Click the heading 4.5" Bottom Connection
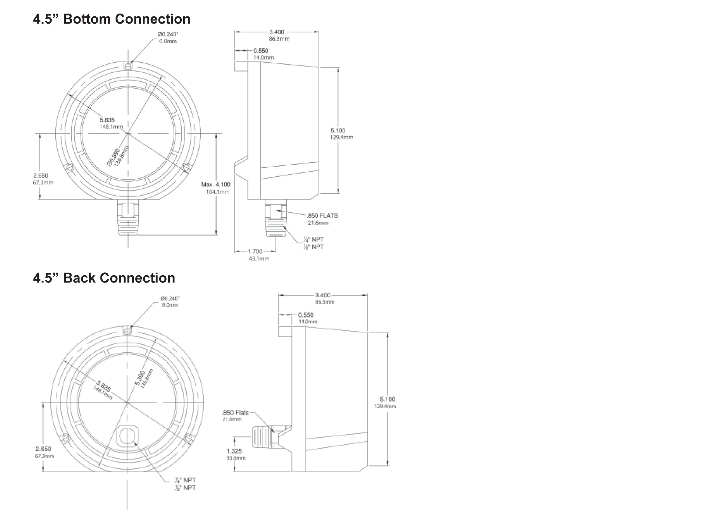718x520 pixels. [111, 19]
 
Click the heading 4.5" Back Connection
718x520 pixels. [104, 278]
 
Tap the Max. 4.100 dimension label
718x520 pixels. [216, 185]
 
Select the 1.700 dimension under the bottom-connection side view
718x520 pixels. [255, 251]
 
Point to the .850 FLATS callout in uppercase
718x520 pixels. [322, 216]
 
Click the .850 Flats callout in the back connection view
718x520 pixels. [235, 413]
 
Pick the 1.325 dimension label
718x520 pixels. [234, 451]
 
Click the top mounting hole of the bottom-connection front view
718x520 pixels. [128, 66]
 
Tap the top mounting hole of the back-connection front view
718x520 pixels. [127, 332]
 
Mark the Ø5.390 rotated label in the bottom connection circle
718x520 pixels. [114, 157]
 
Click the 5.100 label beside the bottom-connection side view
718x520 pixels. [338, 130]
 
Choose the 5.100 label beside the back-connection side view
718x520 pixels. [387, 399]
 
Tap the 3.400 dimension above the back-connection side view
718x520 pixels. [322, 295]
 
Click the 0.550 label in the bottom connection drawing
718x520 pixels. [260, 51]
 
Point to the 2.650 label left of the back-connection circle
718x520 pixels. [43, 449]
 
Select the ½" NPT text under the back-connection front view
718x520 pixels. [185, 488]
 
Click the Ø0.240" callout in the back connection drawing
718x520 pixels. [170, 299]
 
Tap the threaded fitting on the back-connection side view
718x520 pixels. [262, 437]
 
